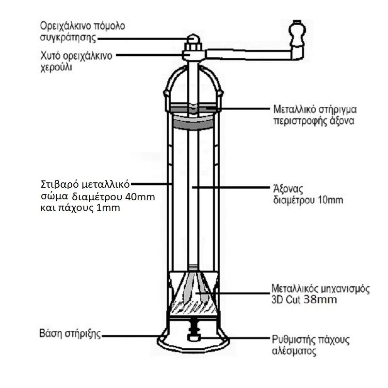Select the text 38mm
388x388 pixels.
pyautogui.click(x=321, y=300)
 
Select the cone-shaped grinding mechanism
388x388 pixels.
pyautogui.click(x=193, y=291)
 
